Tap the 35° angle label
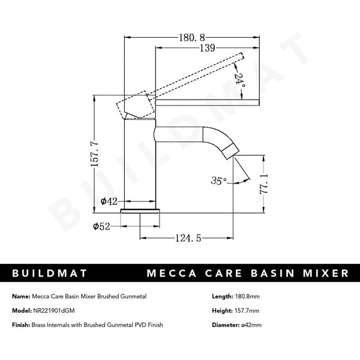point(219,181)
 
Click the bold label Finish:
point(22,325)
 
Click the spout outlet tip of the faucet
point(230,148)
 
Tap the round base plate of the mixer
point(142,211)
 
